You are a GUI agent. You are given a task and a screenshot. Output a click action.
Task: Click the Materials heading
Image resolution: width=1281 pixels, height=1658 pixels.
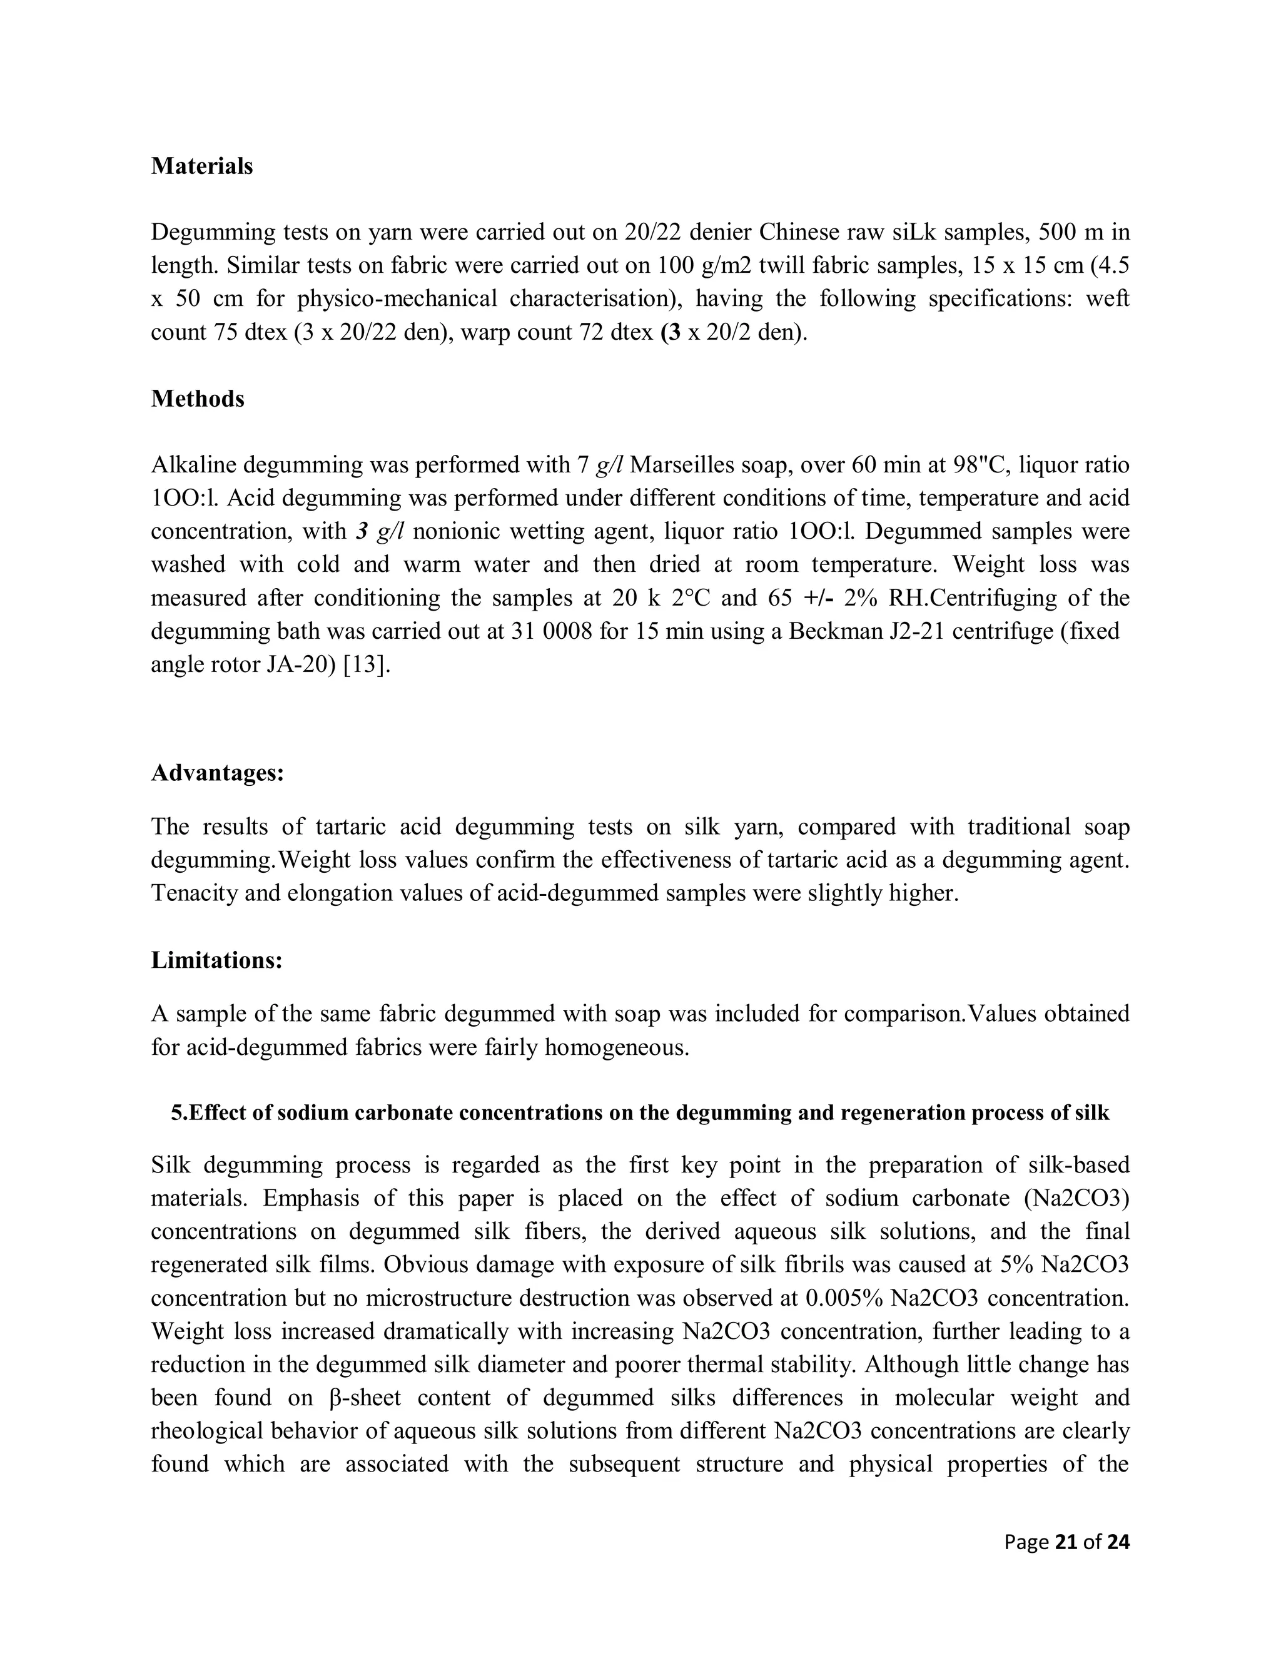202,166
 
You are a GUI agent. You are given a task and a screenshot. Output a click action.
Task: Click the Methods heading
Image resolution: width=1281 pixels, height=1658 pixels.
197,399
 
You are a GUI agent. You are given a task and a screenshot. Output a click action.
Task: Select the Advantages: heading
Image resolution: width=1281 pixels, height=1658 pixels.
218,773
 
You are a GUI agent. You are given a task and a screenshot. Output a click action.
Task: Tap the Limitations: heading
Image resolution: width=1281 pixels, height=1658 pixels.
217,960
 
